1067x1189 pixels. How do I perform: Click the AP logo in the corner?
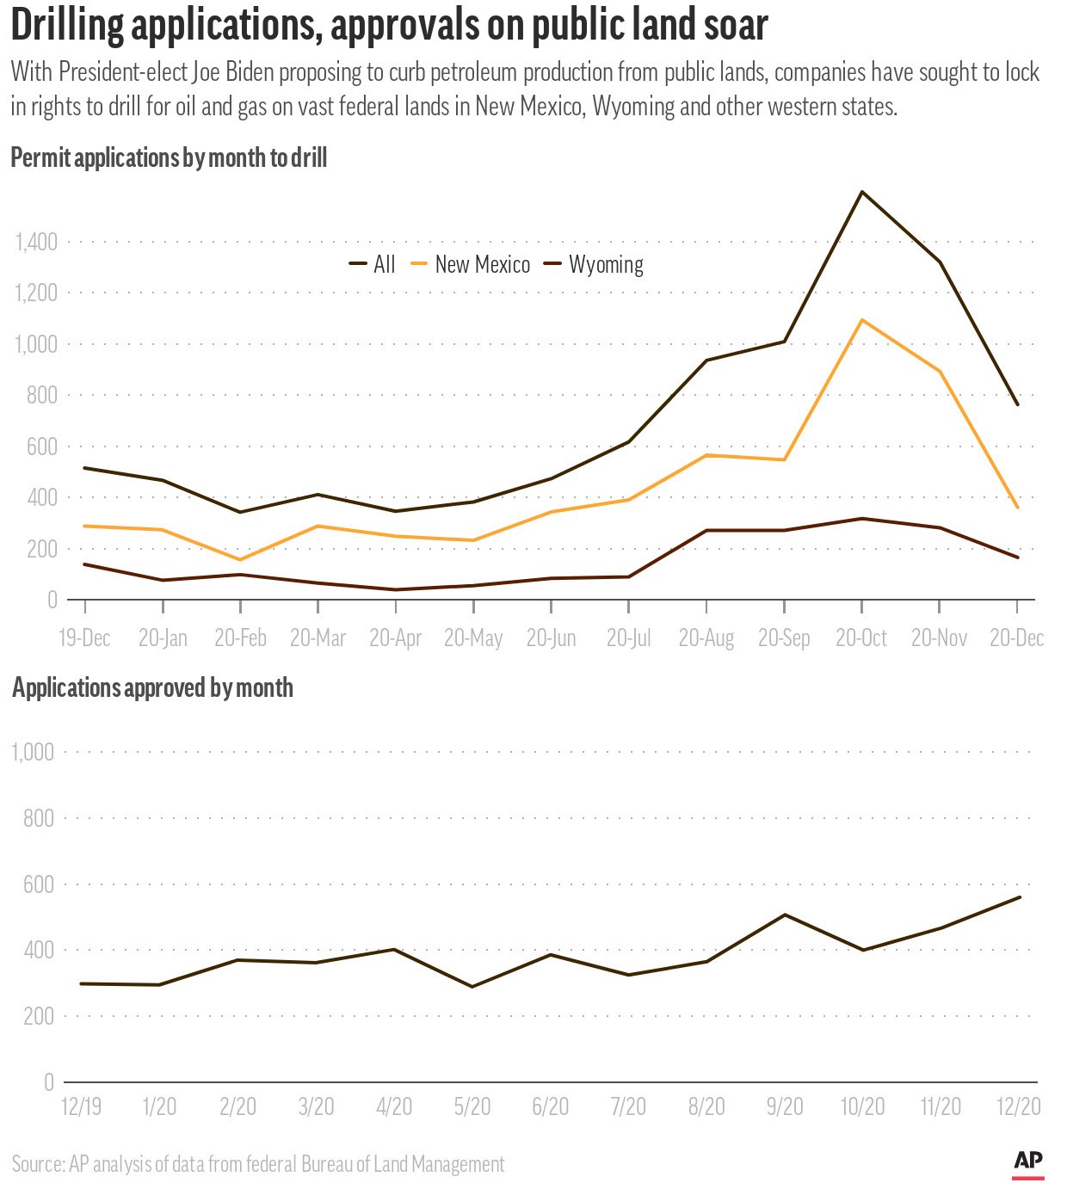click(x=1027, y=1162)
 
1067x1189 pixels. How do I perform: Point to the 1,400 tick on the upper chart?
click(x=36, y=242)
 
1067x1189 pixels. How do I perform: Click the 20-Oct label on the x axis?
click(x=861, y=638)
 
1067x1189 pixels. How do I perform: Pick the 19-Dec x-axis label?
click(x=84, y=638)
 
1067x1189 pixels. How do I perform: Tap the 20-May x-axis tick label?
click(x=473, y=638)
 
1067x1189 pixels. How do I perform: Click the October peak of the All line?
click(x=862, y=192)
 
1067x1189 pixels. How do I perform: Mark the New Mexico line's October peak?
click(x=862, y=320)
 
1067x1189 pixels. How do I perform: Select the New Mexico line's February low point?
click(x=240, y=560)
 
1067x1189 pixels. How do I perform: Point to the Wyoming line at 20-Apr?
click(x=396, y=589)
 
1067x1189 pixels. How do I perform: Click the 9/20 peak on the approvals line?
click(x=785, y=915)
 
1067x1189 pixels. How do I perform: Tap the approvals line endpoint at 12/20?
click(x=1020, y=897)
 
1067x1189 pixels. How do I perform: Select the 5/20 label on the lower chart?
click(x=472, y=1106)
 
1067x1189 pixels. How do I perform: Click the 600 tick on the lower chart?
click(x=39, y=884)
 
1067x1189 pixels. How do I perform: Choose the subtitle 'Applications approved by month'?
click(x=152, y=688)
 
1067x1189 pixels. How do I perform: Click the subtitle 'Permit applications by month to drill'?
click(x=169, y=158)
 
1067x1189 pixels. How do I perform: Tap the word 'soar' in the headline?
click(x=736, y=26)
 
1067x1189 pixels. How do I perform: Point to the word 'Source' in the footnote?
click(x=37, y=1165)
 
